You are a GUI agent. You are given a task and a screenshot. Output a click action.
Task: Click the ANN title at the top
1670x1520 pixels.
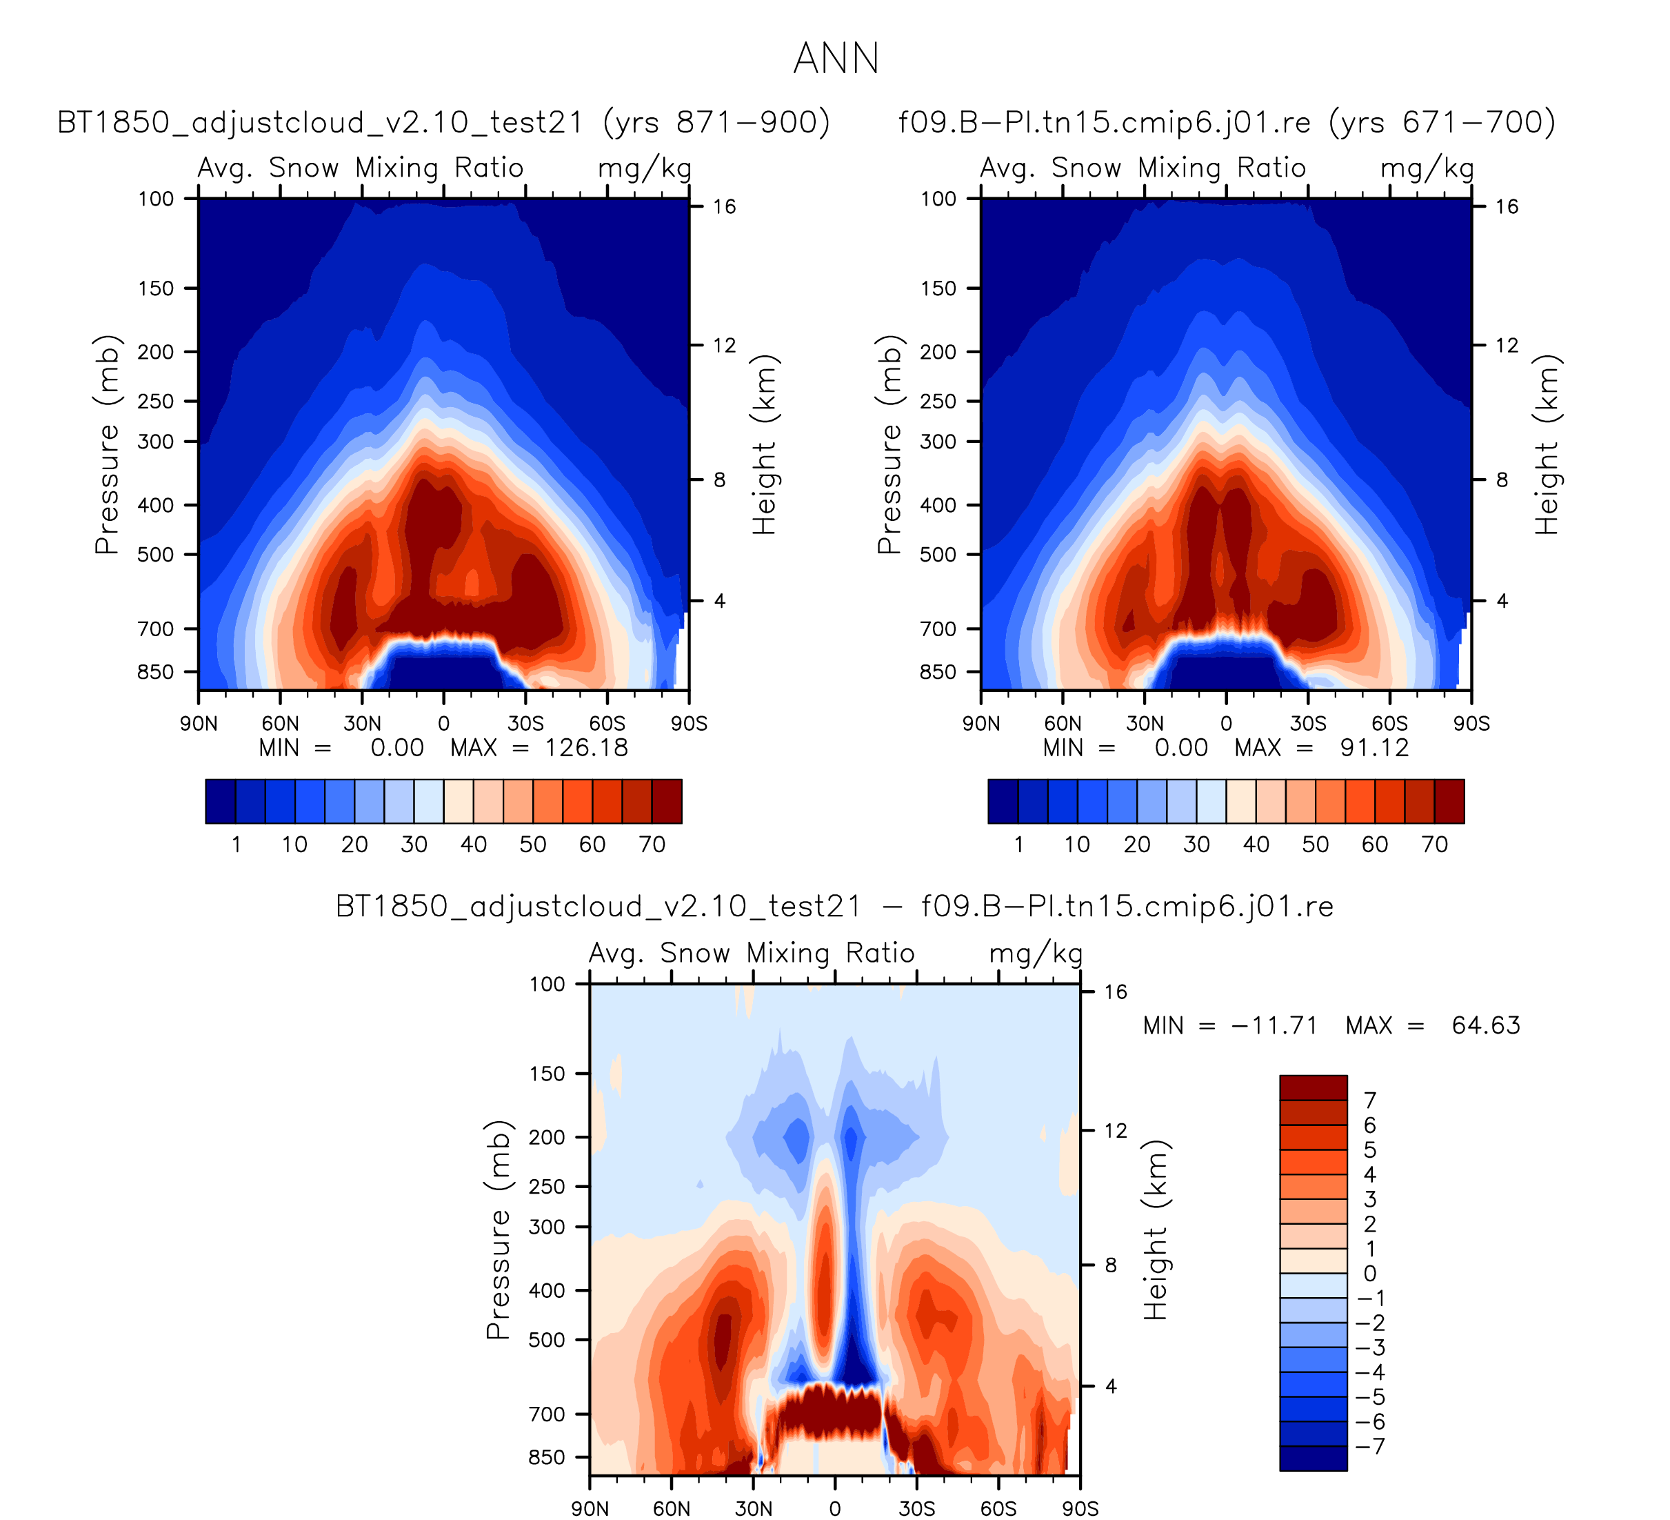[836, 59]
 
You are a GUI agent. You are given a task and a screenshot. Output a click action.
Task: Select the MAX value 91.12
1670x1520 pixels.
[1374, 749]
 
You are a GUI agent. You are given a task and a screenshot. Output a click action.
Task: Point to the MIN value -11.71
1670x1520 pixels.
[1274, 1026]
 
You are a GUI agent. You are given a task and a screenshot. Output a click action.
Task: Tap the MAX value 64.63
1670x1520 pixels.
[1486, 1026]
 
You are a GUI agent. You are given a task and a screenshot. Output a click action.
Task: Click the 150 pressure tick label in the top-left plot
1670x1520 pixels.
[156, 288]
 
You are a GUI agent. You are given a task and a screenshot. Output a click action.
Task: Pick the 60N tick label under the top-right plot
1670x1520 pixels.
[1063, 724]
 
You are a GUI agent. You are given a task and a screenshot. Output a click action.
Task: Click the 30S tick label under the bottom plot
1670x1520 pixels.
[917, 1508]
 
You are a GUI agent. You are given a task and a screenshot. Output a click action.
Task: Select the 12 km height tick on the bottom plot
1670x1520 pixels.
[1116, 1130]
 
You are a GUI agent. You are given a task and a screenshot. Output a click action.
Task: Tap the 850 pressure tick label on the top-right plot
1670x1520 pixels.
[938, 671]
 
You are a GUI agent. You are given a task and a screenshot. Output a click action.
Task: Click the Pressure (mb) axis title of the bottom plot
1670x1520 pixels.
[497, 1231]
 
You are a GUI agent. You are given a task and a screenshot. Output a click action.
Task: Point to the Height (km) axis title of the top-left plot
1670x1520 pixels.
[764, 445]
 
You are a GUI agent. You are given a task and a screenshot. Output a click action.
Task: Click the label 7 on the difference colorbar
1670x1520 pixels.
[1369, 1100]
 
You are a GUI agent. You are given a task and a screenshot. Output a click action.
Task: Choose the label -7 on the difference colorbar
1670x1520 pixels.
[1369, 1446]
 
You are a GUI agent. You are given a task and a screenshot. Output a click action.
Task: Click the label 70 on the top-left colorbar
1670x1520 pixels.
[652, 845]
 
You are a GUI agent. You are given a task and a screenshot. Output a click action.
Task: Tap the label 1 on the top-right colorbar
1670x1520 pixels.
[1019, 845]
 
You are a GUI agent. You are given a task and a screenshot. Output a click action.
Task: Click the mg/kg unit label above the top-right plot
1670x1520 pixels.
[1427, 169]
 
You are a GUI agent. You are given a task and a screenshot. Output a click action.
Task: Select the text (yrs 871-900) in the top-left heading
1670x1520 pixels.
[716, 123]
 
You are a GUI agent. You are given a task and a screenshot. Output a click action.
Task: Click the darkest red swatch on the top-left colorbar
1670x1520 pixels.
[667, 802]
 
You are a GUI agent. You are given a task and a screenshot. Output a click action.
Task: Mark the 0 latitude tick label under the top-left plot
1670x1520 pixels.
[444, 724]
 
